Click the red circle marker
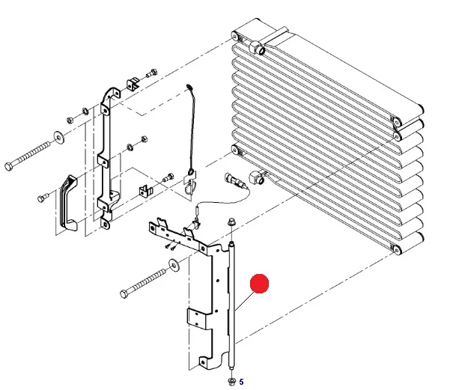(259, 284)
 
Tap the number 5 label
(241, 382)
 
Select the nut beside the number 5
(231, 381)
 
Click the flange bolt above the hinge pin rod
(231, 222)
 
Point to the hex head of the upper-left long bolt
(9, 166)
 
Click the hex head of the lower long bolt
(124, 294)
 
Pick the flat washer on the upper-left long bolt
(59, 137)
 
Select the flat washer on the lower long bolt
(174, 264)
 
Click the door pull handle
(68, 203)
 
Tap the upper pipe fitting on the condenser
(257, 47)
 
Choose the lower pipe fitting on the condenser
(257, 177)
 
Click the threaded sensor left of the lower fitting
(234, 180)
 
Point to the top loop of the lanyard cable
(189, 88)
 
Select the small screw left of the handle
(43, 198)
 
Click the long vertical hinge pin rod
(232, 307)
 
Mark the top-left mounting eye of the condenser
(235, 37)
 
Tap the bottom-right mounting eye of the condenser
(397, 251)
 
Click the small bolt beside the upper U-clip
(152, 73)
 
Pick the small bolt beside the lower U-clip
(168, 177)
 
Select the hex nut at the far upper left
(70, 120)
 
